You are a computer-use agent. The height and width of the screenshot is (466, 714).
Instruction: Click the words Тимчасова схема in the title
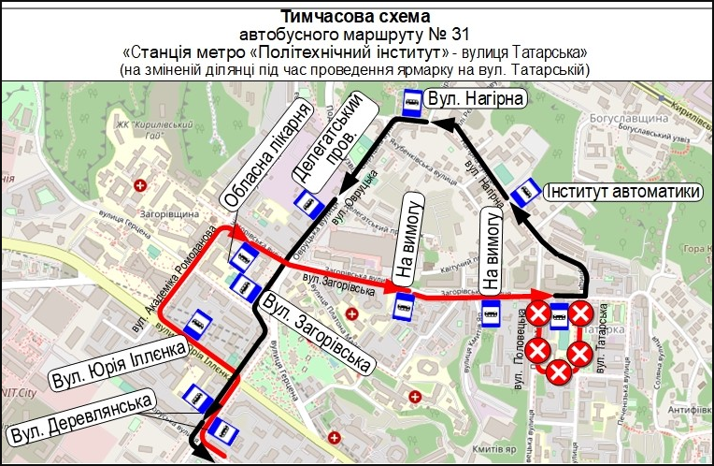point(356,16)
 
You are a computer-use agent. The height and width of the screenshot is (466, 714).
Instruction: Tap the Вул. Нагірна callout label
point(473,98)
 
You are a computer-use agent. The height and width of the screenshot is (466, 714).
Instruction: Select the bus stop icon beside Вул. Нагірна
point(410,102)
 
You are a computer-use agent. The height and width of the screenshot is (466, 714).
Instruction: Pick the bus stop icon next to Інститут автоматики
point(527,191)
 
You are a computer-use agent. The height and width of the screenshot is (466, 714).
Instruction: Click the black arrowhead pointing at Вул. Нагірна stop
point(447,119)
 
